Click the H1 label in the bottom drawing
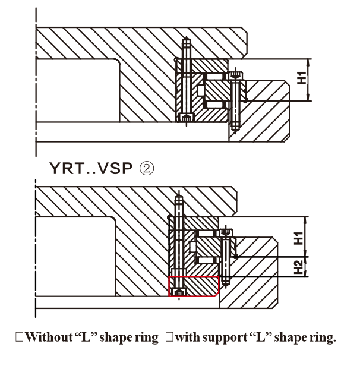point(299,238)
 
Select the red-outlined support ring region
point(194,286)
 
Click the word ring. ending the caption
point(321,338)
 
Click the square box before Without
point(20,338)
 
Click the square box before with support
point(169,338)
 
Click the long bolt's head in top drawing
point(187,118)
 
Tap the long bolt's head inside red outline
point(180,291)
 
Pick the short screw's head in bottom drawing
point(225,233)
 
